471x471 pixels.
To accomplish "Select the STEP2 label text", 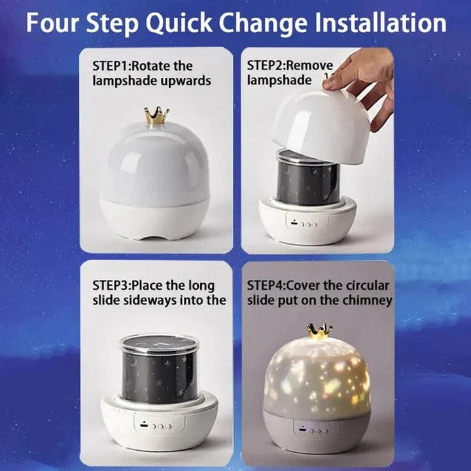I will [267, 66].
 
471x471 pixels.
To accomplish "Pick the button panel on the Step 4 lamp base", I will [313, 431].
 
